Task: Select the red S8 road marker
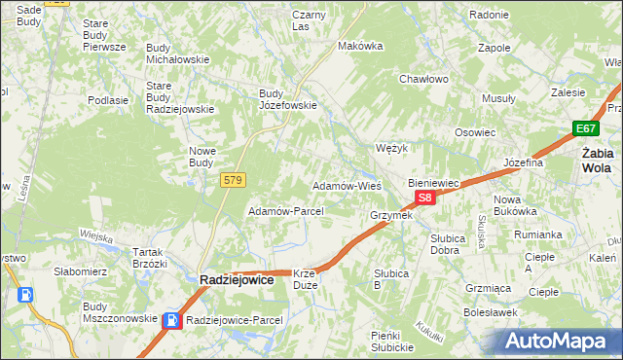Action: pos(423,198)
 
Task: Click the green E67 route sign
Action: pos(584,128)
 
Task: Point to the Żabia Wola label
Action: pos(596,160)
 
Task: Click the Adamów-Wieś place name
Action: pos(346,185)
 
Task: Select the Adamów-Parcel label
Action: pos(279,210)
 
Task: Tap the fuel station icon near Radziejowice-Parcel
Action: pos(171,319)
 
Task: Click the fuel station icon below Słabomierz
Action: pos(26,295)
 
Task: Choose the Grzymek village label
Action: pos(391,215)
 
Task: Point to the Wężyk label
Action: pos(390,148)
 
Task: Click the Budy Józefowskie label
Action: pos(287,99)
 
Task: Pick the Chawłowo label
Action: pos(423,79)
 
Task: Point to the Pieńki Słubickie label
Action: pos(393,342)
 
